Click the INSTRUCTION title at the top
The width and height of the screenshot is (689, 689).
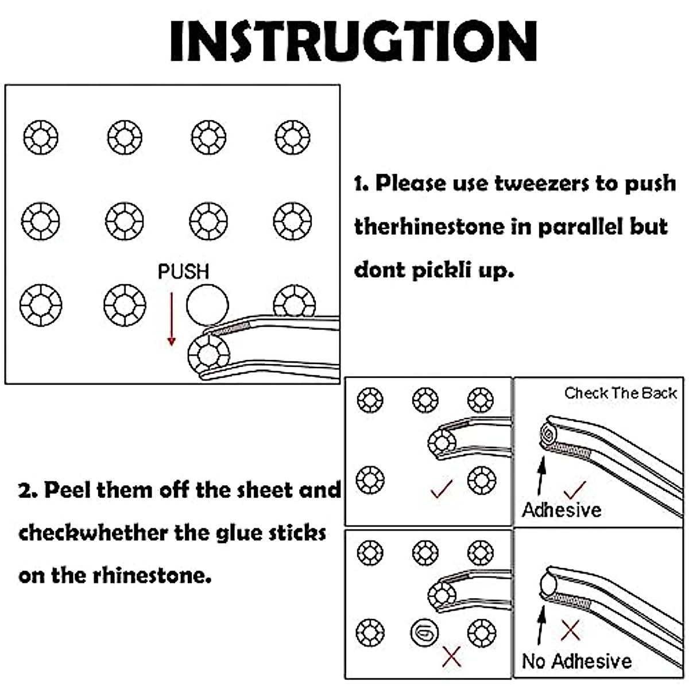(353, 41)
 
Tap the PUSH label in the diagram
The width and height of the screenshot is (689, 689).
(183, 272)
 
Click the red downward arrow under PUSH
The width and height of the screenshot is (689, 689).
(172, 320)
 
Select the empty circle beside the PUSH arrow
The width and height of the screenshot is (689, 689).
(207, 305)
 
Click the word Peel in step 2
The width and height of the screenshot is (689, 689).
(67, 490)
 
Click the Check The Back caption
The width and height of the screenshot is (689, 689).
(620, 393)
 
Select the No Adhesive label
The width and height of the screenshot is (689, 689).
(576, 661)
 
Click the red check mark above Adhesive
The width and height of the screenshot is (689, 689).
(575, 490)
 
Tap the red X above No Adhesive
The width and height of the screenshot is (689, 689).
(571, 630)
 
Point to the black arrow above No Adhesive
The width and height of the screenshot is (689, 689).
(541, 625)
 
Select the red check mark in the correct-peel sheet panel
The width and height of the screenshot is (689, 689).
(442, 489)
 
